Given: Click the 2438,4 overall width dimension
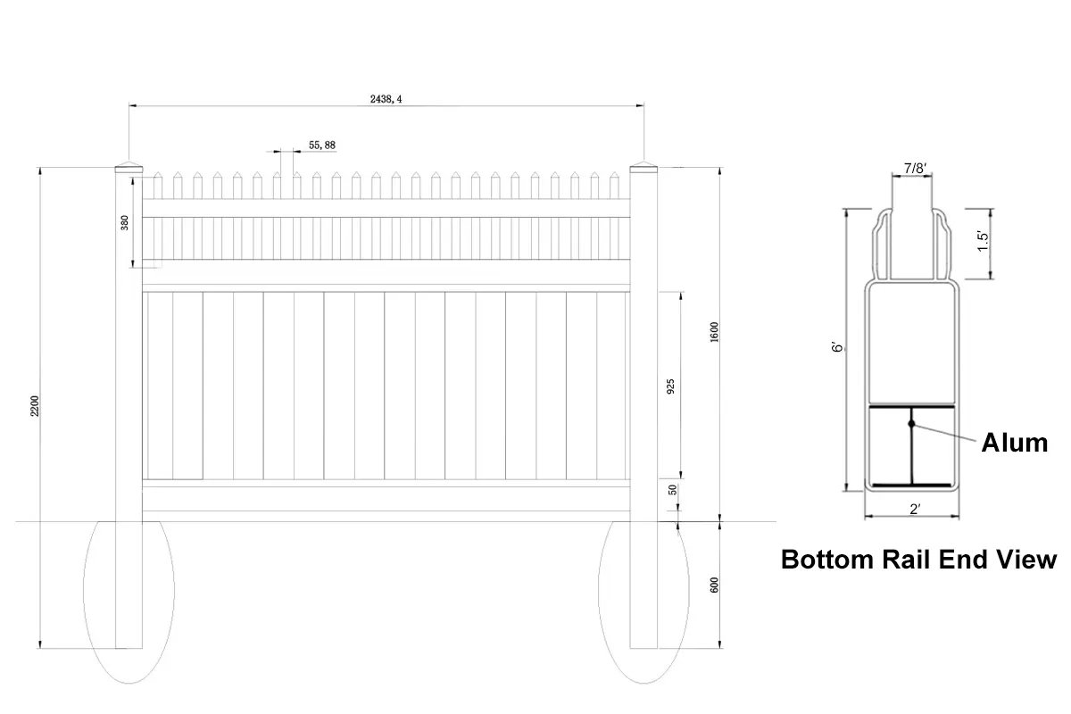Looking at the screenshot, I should point(386,100).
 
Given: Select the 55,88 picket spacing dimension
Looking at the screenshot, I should point(322,145).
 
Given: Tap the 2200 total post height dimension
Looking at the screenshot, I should point(36,406).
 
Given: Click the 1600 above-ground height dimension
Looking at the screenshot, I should point(714,332).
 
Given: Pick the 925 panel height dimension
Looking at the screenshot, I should point(671,385).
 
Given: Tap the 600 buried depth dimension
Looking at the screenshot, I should point(714,585).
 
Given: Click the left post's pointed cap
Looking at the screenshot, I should point(129,167).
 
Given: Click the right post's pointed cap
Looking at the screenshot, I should point(643,167).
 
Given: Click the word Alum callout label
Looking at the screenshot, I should point(1014,442).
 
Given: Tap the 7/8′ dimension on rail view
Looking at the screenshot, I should point(914,168).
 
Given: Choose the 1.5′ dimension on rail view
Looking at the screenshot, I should point(983,241).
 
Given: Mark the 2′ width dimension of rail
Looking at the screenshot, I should point(914,510).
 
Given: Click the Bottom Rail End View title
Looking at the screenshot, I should point(918,560).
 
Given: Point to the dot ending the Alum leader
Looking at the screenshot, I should point(911,424).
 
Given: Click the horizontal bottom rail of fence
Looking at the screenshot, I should point(386,497).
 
